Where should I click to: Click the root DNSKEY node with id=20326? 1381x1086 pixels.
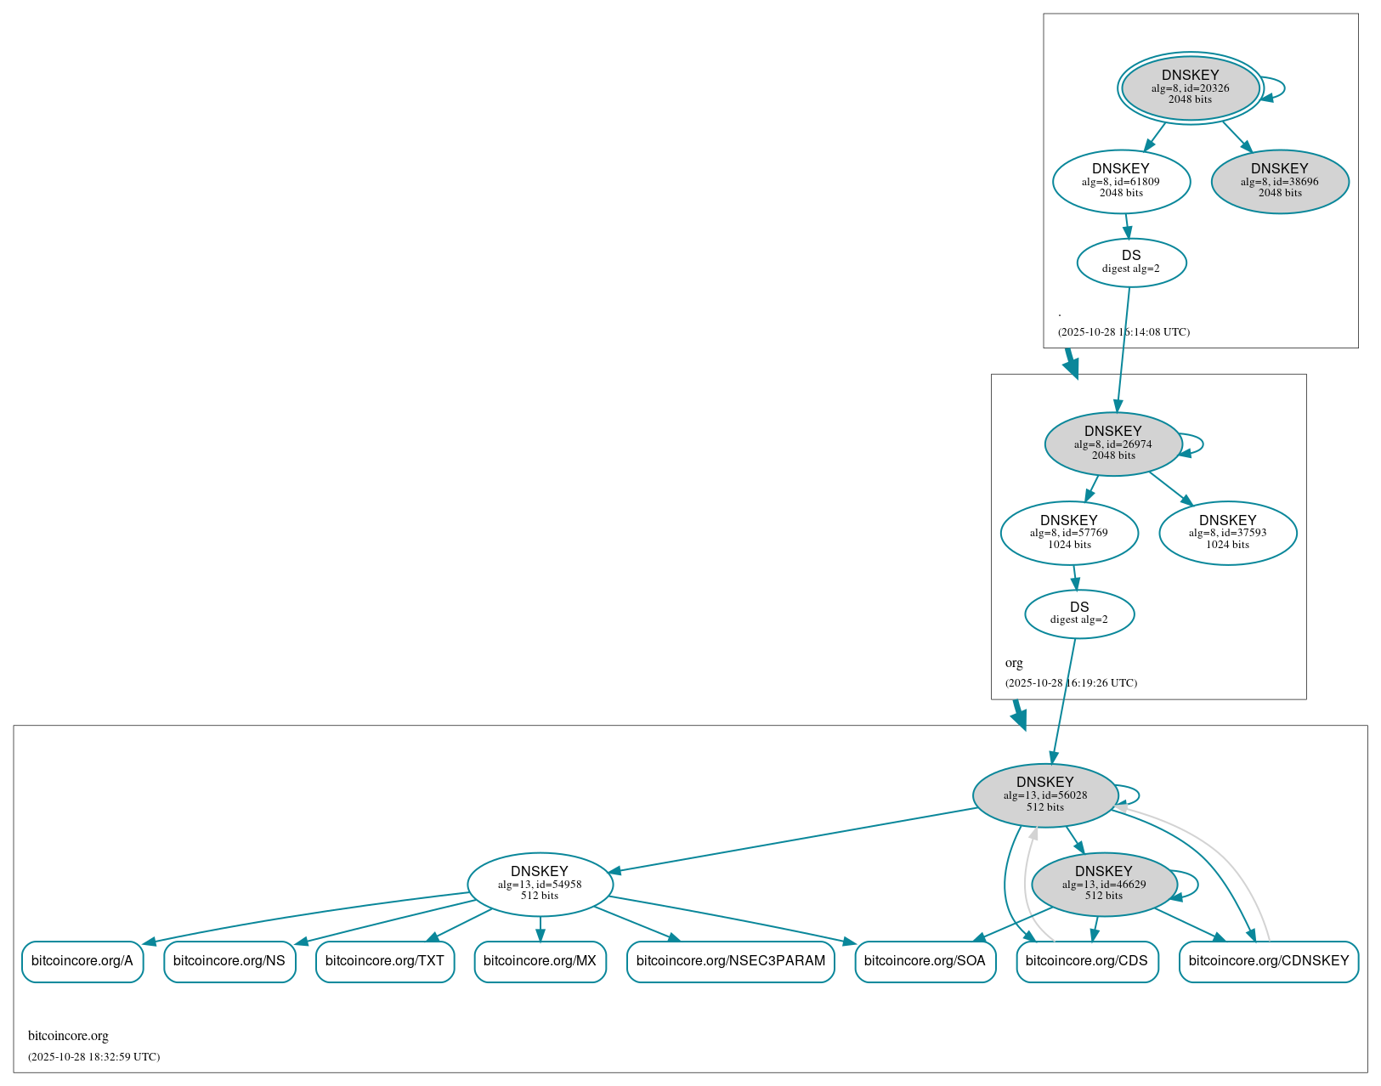pyautogui.click(x=1190, y=88)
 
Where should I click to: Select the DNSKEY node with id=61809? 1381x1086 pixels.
pyautogui.click(x=1120, y=181)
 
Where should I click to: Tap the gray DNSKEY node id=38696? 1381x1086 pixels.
pyautogui.click(x=1279, y=181)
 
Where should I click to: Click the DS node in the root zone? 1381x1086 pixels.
pyautogui.click(x=1130, y=262)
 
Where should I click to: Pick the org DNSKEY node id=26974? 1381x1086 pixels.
pyautogui.click(x=1112, y=444)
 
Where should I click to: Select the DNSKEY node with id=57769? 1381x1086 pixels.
pyautogui.click(x=1068, y=533)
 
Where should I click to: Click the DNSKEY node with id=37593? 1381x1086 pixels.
pyautogui.click(x=1227, y=533)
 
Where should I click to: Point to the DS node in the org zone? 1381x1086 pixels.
pyautogui.click(x=1078, y=614)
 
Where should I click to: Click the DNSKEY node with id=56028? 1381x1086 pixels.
pyautogui.click(x=1044, y=795)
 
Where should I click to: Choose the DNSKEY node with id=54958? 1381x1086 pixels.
pyautogui.click(x=540, y=884)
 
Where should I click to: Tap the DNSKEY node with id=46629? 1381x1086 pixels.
pyautogui.click(x=1103, y=884)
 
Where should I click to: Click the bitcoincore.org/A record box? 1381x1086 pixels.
pyautogui.click(x=82, y=961)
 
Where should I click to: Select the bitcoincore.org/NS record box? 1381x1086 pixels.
pyautogui.click(x=229, y=961)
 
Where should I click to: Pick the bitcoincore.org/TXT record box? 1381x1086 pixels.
pyautogui.click(x=385, y=961)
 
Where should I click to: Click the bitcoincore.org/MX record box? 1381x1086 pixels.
pyautogui.click(x=540, y=961)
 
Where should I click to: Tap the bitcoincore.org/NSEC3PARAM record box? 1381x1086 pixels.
pyautogui.click(x=730, y=961)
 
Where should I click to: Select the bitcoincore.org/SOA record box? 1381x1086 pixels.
pyautogui.click(x=925, y=961)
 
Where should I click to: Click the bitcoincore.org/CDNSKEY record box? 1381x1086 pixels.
pyautogui.click(x=1268, y=961)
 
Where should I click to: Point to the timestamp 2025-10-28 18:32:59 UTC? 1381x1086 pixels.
pyautogui.click(x=93, y=1057)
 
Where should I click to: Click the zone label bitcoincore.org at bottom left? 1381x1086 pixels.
pyautogui.click(x=68, y=1036)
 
